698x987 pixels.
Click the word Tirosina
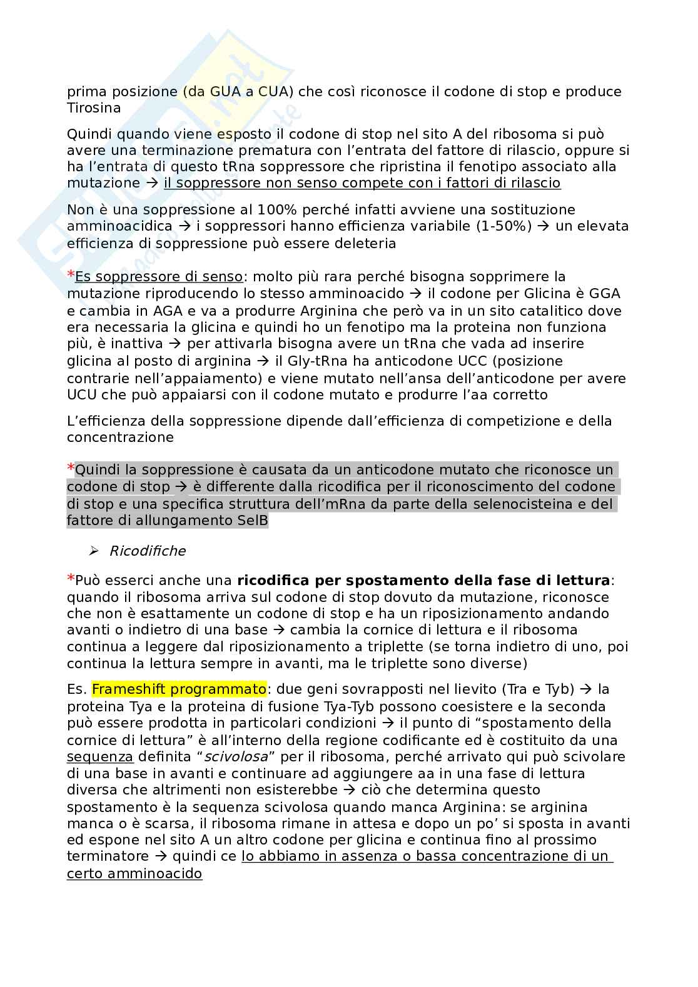click(x=93, y=108)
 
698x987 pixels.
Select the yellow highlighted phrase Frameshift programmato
click(x=180, y=689)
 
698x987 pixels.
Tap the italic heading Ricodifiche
click(x=147, y=551)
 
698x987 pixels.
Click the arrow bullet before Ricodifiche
click(x=94, y=551)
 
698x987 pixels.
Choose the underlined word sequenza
click(x=100, y=757)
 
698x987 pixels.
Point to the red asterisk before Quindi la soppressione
click(x=71, y=468)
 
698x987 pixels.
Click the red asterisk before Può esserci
click(x=71, y=579)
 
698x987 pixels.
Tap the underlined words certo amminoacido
click(x=134, y=873)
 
